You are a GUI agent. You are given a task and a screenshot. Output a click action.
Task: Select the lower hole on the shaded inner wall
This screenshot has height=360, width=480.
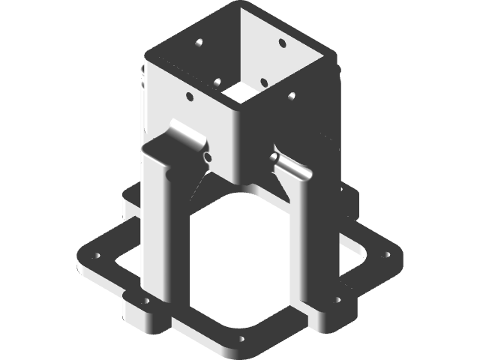coord(217,80)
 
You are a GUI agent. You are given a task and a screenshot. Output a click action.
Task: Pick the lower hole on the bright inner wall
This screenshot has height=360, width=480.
coord(264,81)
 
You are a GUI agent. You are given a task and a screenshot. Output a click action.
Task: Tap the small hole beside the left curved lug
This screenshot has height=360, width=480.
coord(207,157)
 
